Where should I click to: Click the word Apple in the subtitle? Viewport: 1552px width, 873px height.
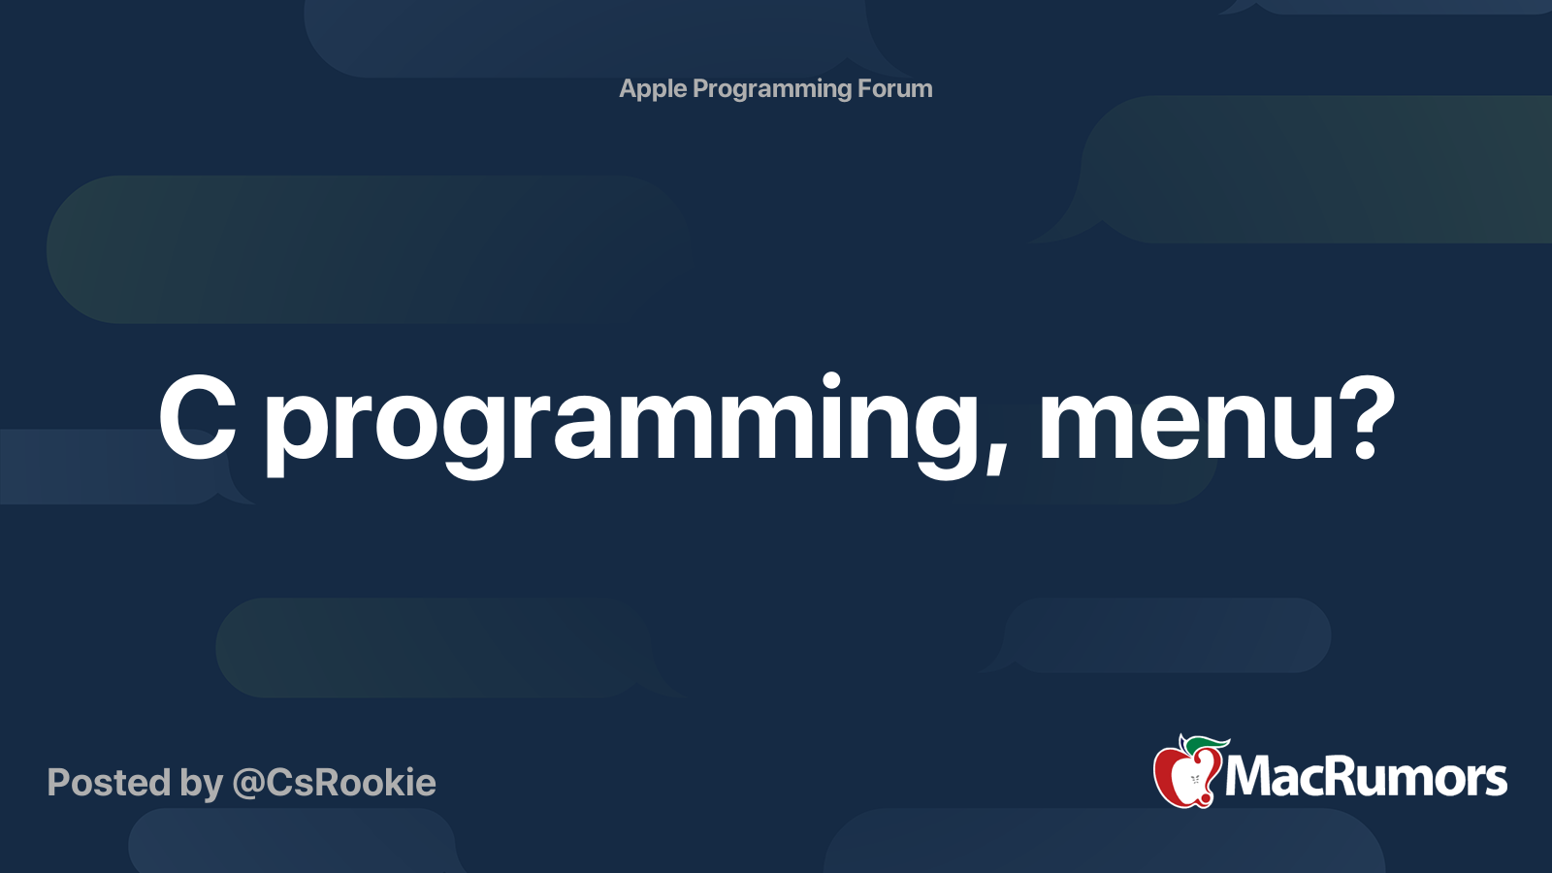click(x=653, y=89)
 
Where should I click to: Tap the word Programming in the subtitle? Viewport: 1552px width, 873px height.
click(x=772, y=89)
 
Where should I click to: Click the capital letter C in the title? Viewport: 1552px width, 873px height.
click(x=198, y=419)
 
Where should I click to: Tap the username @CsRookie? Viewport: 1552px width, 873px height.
click(x=334, y=783)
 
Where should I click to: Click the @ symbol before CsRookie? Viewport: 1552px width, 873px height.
click(x=247, y=784)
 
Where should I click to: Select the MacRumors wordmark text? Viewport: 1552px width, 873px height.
click(x=1366, y=777)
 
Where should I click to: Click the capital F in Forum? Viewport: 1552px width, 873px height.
click(x=865, y=89)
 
